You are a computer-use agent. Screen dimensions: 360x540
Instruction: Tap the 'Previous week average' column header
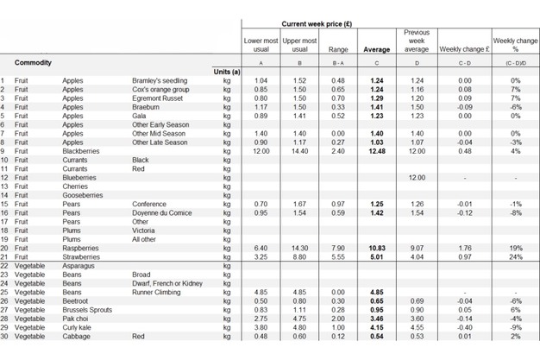pos(417,40)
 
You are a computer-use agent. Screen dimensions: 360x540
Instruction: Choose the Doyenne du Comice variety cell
pos(162,212)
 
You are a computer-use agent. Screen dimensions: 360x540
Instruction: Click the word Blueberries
pos(80,177)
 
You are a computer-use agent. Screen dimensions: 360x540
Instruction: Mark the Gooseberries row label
pos(83,195)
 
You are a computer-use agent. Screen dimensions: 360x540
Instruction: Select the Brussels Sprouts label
pos(87,309)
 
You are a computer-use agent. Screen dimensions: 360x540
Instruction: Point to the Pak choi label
pos(76,318)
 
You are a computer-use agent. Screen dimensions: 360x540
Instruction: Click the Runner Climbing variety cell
pos(159,292)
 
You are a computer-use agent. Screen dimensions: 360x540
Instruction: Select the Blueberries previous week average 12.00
pos(417,177)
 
